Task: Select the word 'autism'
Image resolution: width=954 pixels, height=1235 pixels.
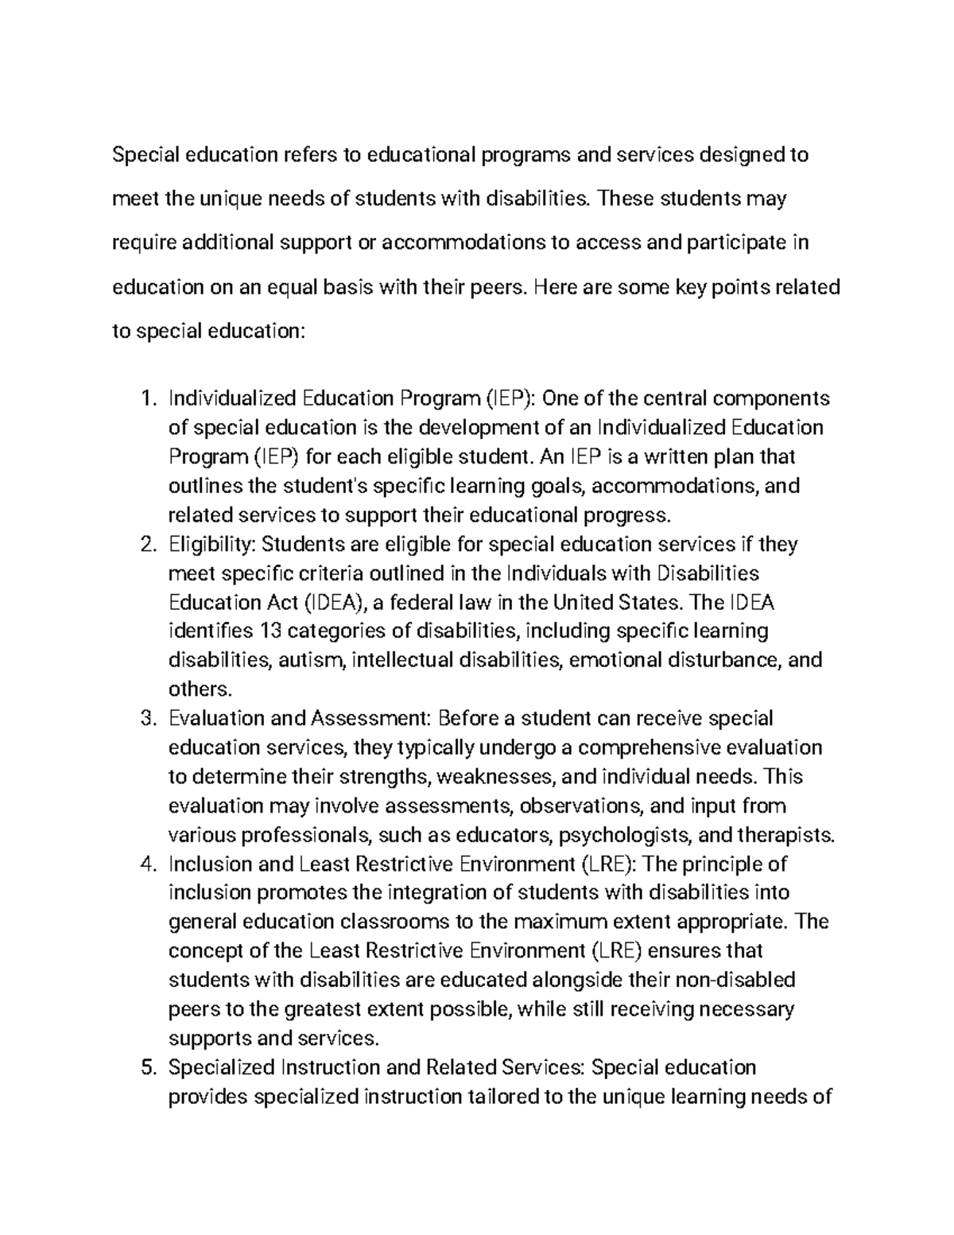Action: [x=310, y=661]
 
